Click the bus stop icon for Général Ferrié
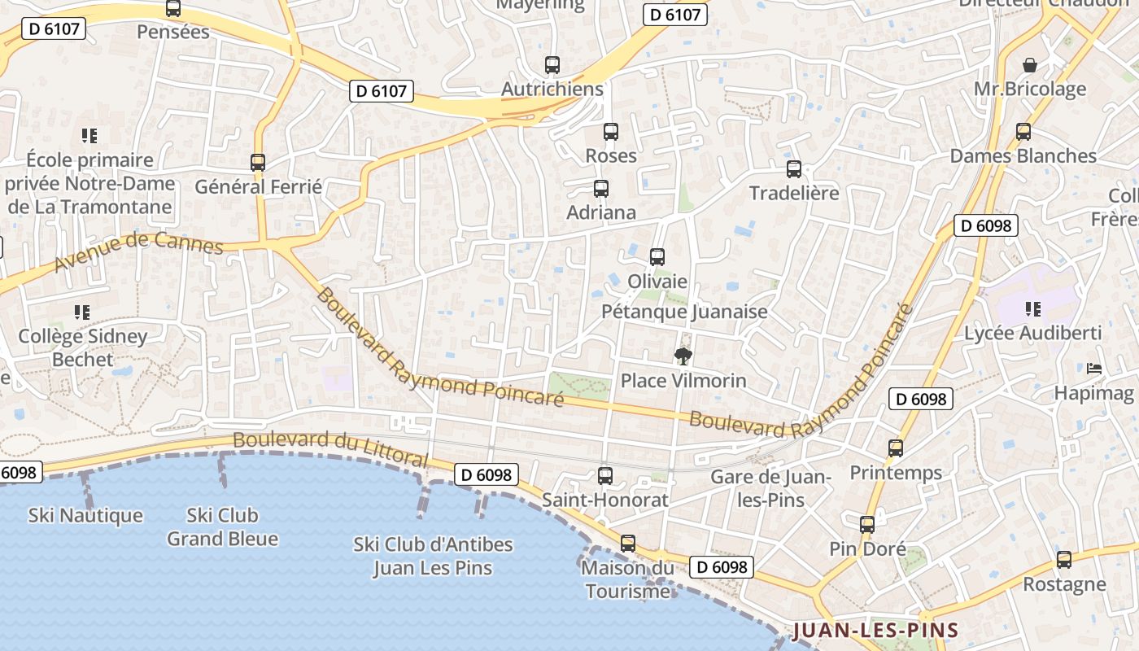(x=258, y=163)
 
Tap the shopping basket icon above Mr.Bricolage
(x=1030, y=64)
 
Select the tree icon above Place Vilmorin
(x=683, y=356)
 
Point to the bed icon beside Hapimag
(x=1094, y=369)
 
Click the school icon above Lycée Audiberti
(x=1033, y=308)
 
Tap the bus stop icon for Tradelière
(x=794, y=169)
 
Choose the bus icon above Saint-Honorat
(x=605, y=476)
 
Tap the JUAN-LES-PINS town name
(x=875, y=630)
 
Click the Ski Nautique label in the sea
(x=85, y=515)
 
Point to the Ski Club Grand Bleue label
(x=223, y=526)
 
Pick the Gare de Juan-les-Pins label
(x=770, y=488)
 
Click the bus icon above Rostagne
(x=1064, y=560)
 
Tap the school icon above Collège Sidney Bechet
(x=81, y=312)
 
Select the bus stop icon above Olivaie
(x=657, y=257)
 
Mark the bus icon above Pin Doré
(x=867, y=524)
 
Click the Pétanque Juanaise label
(x=684, y=312)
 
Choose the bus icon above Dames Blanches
(x=1023, y=132)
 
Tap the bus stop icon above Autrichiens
(x=552, y=65)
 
